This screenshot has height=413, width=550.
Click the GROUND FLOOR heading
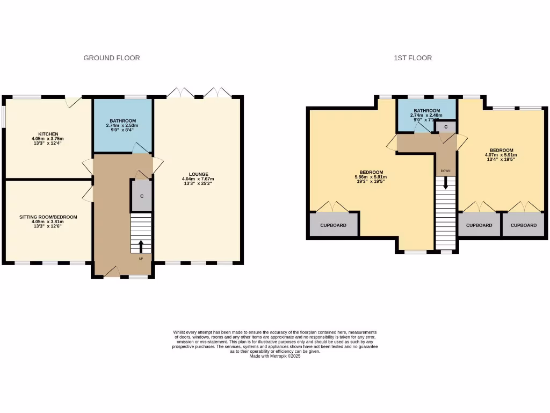[112, 58]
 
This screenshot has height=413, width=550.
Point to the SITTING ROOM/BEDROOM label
[48, 217]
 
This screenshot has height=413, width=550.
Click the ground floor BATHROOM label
[123, 121]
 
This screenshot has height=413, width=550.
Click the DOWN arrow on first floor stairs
[445, 183]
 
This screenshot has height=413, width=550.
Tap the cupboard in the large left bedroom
[333, 225]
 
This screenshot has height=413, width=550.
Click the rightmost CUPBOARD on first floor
[524, 225]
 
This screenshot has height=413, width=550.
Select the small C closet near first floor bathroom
[446, 127]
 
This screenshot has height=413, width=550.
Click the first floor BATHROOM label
[427, 110]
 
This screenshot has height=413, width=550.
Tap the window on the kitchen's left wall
[3, 116]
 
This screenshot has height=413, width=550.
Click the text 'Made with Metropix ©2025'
[275, 356]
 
